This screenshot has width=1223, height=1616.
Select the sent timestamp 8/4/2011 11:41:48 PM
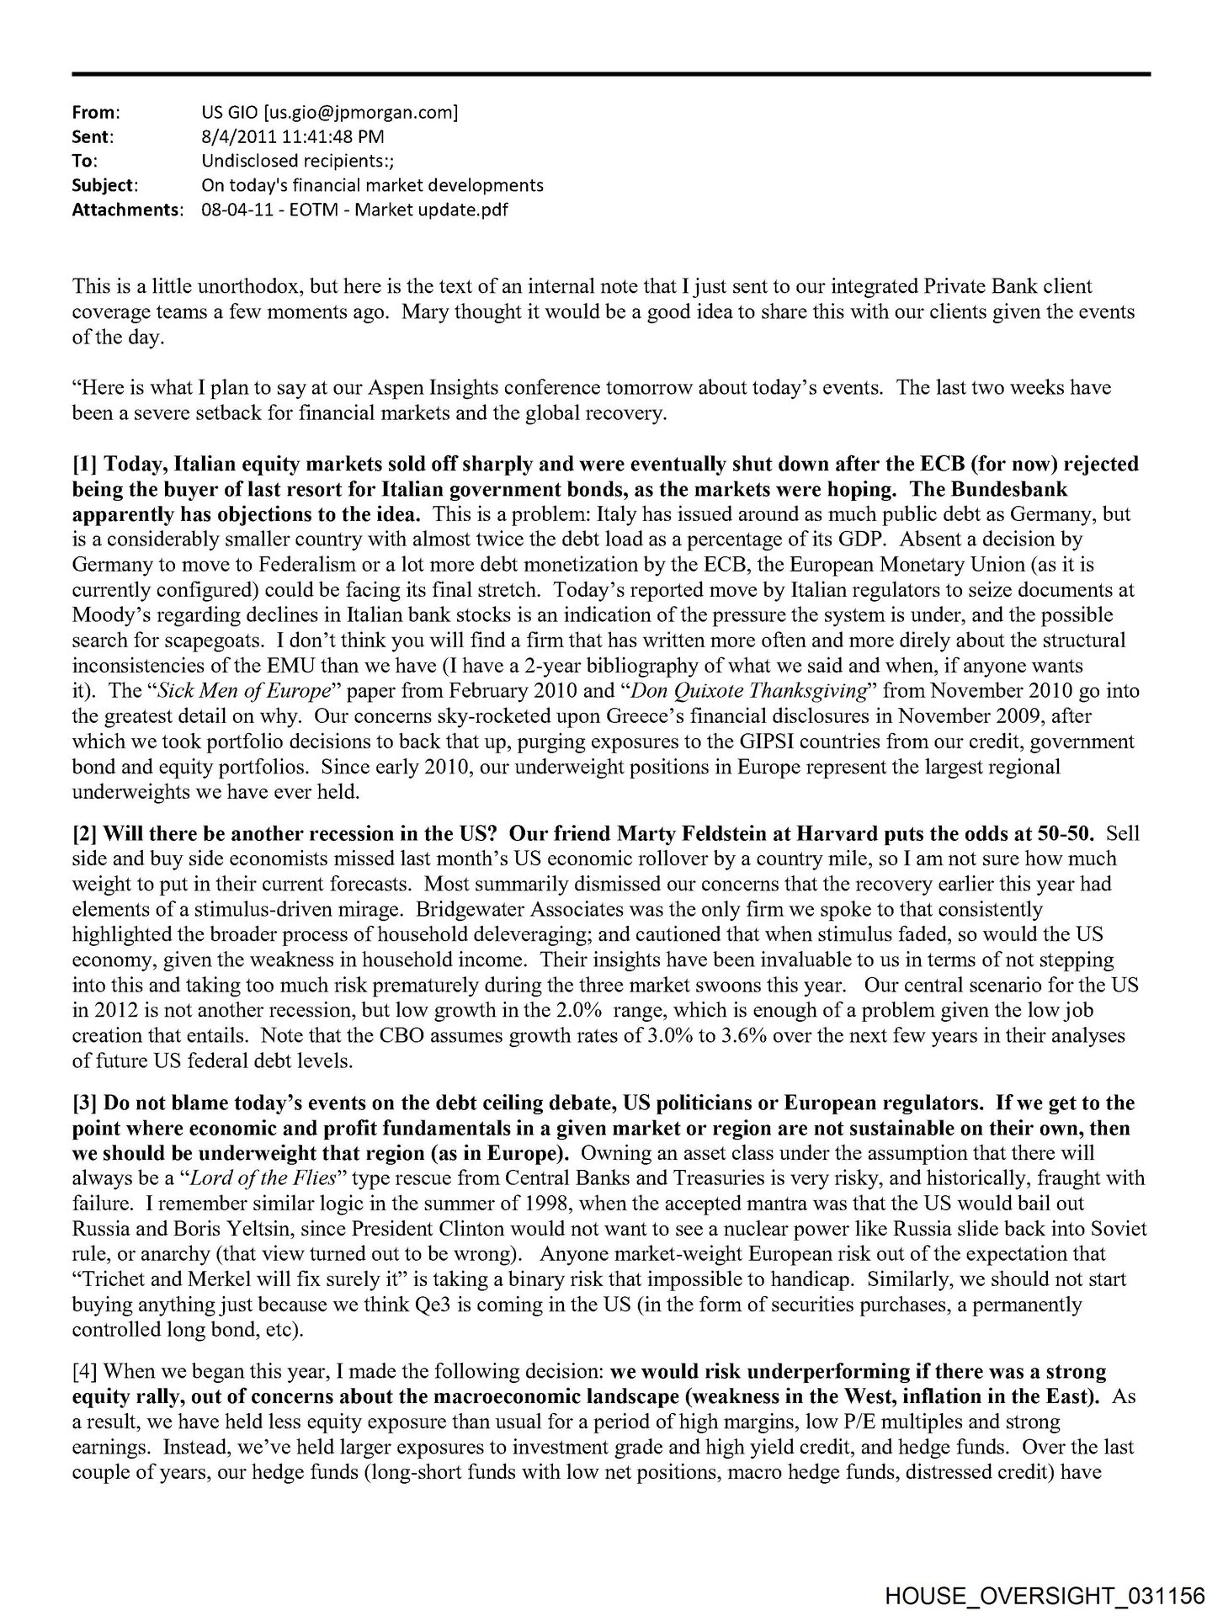294,136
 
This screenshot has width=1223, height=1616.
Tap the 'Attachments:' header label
126,210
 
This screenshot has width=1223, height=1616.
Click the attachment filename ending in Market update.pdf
354,210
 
